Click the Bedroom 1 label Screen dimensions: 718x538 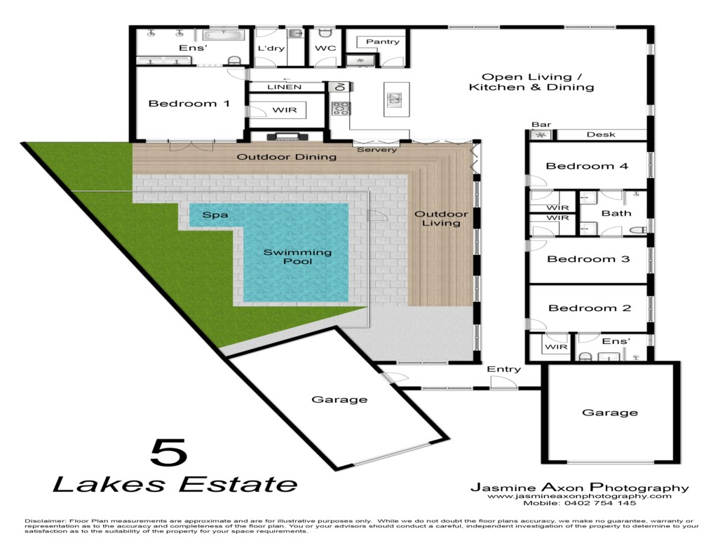[x=189, y=104]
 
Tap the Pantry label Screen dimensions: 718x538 [x=383, y=41]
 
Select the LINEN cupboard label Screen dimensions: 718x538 [x=285, y=87]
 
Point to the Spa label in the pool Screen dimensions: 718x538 [x=215, y=214]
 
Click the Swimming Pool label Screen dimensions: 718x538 [x=297, y=256]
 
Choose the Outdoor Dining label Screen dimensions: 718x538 [x=287, y=157]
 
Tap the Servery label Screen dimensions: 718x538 [x=377, y=150]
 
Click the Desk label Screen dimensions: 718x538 [x=601, y=134]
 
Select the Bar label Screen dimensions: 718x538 [x=541, y=125]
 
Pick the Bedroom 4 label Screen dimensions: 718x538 [x=587, y=166]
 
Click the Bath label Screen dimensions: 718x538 [x=616, y=213]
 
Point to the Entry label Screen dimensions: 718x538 [x=503, y=369]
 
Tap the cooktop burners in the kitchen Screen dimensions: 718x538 [x=341, y=109]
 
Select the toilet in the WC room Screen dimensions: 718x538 [x=325, y=33]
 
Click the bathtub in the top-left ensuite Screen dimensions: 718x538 [x=223, y=35]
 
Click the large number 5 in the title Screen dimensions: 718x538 [x=169, y=453]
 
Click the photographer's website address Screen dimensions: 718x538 [x=579, y=496]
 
